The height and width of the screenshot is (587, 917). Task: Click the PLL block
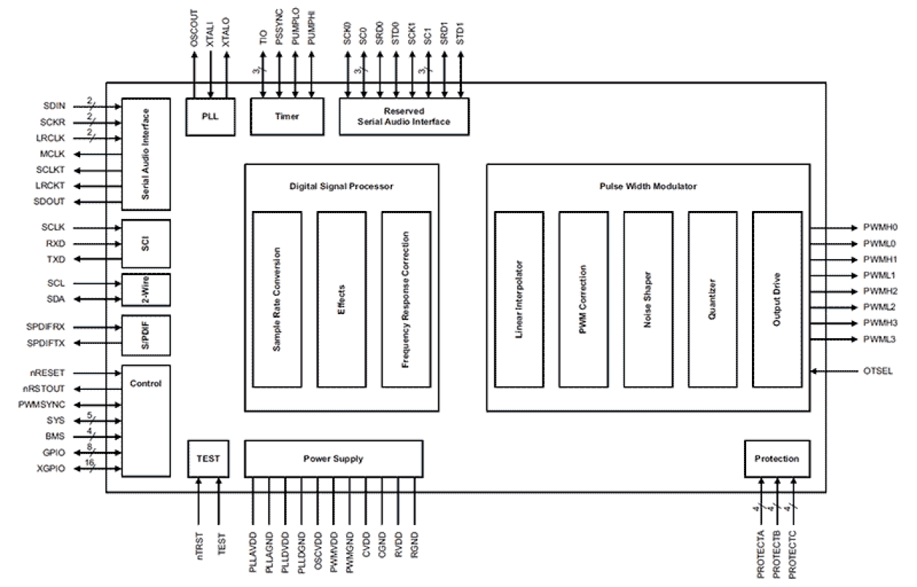click(210, 116)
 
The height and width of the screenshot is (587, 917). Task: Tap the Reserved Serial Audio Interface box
click(404, 116)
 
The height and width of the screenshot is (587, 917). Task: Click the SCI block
click(146, 243)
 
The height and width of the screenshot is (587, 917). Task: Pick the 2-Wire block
click(146, 291)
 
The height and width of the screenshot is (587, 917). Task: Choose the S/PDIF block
click(146, 334)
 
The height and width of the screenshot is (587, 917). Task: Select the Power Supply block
click(333, 459)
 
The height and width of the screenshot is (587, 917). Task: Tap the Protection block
click(776, 459)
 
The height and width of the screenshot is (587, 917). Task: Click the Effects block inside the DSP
click(341, 299)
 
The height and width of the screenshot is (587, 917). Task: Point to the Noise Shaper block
click(648, 299)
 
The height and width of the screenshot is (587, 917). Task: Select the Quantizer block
click(713, 299)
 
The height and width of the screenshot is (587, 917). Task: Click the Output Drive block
click(777, 299)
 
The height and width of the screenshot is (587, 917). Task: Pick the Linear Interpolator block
click(518, 299)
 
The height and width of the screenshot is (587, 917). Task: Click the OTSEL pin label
click(878, 371)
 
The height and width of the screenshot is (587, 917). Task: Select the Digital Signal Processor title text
click(341, 186)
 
